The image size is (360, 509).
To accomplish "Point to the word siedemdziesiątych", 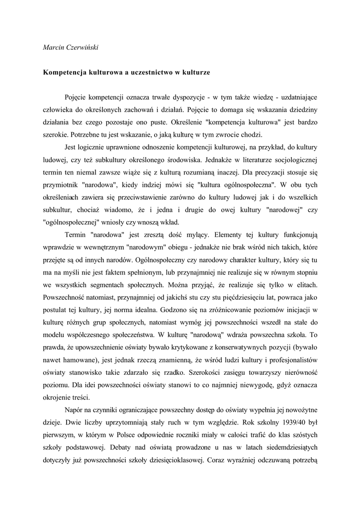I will (x=289, y=447).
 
